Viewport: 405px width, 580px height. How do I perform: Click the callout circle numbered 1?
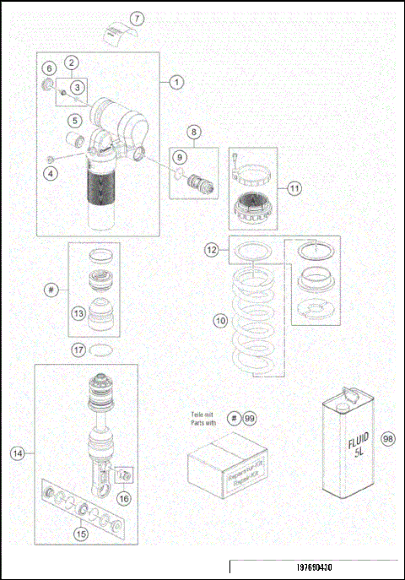tap(176, 82)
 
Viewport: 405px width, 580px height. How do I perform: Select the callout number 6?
tap(49, 68)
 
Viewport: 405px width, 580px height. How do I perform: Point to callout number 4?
tap(51, 172)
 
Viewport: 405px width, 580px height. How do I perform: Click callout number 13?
tap(78, 313)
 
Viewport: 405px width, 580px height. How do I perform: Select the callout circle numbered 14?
tap(17, 453)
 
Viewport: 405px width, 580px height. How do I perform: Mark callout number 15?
tap(81, 533)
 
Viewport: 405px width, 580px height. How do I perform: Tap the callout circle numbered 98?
tap(389, 438)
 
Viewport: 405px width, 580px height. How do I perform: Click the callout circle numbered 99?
tap(249, 418)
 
